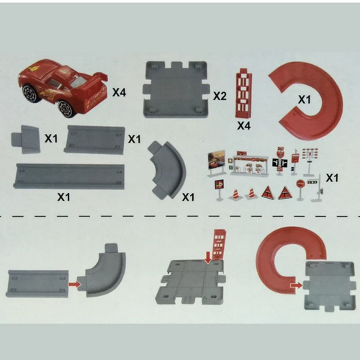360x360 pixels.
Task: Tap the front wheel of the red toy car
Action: (30, 93)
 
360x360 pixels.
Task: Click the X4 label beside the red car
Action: (120, 92)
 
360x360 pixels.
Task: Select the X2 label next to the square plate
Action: (220, 96)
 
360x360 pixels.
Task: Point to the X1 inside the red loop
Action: (304, 99)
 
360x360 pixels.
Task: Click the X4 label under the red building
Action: (243, 125)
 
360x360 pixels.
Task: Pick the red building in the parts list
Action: (243, 93)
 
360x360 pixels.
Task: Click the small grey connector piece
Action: (25, 139)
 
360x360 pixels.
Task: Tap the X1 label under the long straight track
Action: (63, 197)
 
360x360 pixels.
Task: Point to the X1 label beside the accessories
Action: (332, 178)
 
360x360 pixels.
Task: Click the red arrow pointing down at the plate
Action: (208, 258)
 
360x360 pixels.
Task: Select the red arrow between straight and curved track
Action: (73, 284)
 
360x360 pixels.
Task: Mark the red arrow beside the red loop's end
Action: (296, 285)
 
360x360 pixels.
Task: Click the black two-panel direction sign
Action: (279, 163)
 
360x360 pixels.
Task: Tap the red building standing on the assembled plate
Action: (219, 245)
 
